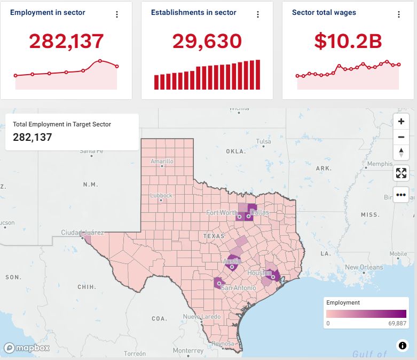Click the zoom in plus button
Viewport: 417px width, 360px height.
tap(401, 121)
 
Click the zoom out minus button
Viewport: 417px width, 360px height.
tap(401, 137)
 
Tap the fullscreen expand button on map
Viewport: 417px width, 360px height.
tap(401, 173)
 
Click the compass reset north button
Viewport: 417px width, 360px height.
tap(401, 153)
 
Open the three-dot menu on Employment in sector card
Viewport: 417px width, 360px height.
tap(117, 14)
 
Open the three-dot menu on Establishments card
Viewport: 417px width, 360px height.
tap(258, 14)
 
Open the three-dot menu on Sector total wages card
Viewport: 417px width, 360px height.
tap(399, 14)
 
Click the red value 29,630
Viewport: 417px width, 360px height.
tap(207, 41)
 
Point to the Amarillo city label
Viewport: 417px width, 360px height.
tap(162, 161)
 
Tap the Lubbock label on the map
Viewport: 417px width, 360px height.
tap(161, 195)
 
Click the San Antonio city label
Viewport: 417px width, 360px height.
tap(238, 287)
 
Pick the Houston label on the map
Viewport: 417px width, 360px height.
tap(259, 273)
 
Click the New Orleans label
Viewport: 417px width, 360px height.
tap(364, 267)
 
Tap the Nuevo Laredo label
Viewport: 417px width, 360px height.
tap(202, 317)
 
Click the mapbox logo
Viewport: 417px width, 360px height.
tap(27, 348)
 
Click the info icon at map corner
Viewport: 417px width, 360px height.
tap(402, 346)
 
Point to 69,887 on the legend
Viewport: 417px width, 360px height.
tap(397, 323)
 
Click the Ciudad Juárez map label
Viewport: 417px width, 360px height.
tap(82, 233)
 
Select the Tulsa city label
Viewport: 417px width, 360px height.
tap(263, 141)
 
